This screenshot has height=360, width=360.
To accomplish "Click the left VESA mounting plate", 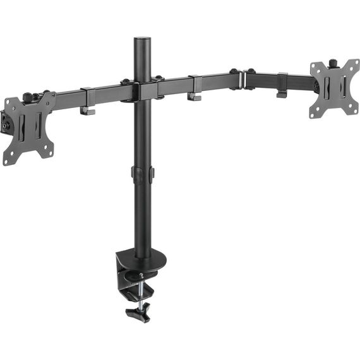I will pos(30,126).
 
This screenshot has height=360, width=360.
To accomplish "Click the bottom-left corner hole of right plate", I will pos(315,114).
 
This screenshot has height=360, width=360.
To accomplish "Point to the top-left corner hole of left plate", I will pos(9,103).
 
